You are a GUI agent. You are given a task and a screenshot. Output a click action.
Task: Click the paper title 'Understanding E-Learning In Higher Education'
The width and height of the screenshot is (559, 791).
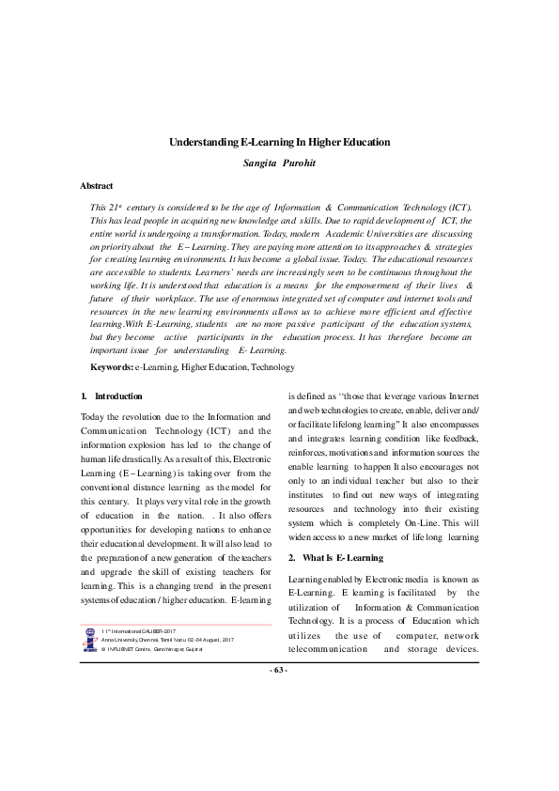pyautogui.click(x=279, y=142)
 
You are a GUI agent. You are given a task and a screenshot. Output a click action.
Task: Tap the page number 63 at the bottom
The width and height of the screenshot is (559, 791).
pyautogui.click(x=279, y=749)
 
